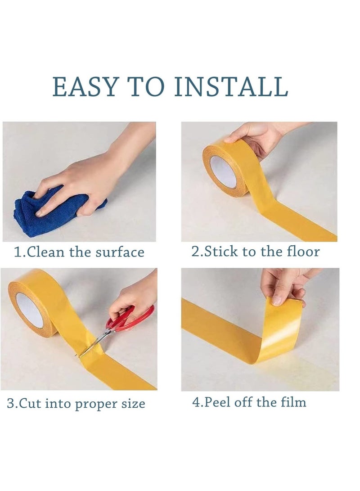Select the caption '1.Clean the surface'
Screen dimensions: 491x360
(79, 252)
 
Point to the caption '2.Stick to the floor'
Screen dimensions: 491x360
(255, 251)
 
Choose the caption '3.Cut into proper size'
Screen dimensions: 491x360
(76, 403)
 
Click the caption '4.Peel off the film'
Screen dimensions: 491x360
(249, 401)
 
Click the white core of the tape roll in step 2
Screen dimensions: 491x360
(223, 171)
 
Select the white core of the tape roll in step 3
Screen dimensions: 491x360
(30, 310)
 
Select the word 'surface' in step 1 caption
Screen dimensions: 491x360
(120, 252)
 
